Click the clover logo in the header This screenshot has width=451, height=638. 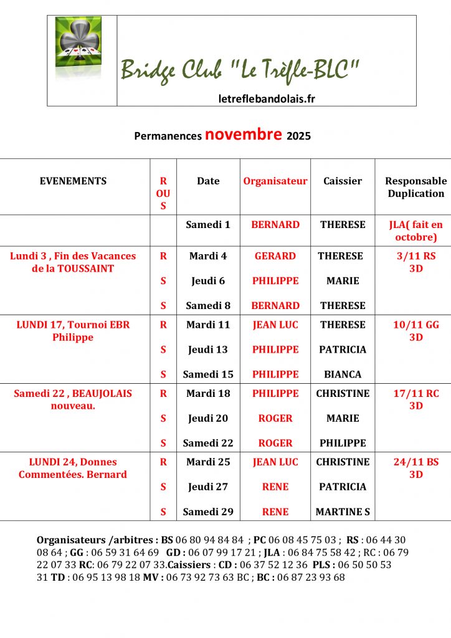(x=78, y=47)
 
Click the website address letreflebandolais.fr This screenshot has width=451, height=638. (x=267, y=98)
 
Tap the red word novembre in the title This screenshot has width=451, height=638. (x=243, y=135)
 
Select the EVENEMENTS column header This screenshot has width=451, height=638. (x=73, y=181)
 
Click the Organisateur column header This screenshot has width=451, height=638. (x=275, y=181)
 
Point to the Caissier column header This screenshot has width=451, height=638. (x=343, y=181)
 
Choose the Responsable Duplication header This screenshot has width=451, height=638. (x=415, y=187)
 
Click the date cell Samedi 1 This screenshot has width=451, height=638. (x=208, y=225)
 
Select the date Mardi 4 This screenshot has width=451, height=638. (x=208, y=256)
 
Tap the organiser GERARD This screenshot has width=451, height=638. (x=275, y=256)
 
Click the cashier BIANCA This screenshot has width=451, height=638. (x=343, y=374)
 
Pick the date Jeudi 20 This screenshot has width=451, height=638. (x=208, y=418)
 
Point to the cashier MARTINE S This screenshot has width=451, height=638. (x=343, y=512)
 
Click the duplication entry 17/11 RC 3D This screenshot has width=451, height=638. (x=415, y=399)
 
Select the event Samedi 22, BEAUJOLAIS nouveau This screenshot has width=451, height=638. (x=73, y=399)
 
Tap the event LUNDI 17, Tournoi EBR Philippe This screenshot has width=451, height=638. (x=73, y=331)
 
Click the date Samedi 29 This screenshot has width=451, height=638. (x=208, y=512)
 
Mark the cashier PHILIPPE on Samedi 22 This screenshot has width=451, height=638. (x=343, y=443)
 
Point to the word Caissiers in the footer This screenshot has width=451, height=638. (x=189, y=565)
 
